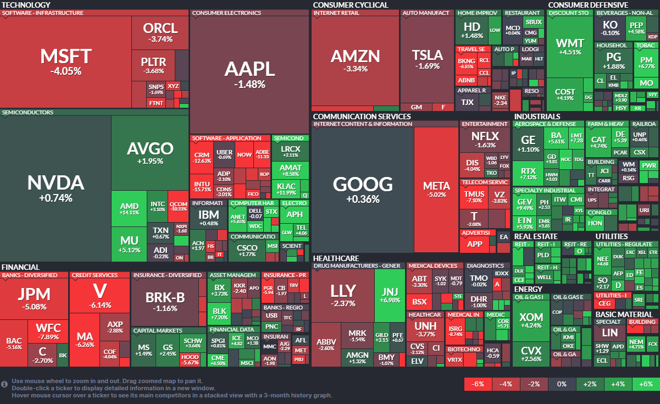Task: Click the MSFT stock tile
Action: [65, 62]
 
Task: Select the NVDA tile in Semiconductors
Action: [56, 189]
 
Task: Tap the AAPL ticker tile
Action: [249, 74]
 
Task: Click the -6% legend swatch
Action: [478, 384]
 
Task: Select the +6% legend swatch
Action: [646, 384]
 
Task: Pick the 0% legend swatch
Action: [562, 384]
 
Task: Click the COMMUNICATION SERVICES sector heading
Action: [362, 117]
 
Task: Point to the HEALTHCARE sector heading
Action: [336, 258]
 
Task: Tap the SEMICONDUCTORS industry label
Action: [27, 112]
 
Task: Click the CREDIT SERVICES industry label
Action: [95, 275]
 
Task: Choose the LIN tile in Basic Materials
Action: [609, 333]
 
